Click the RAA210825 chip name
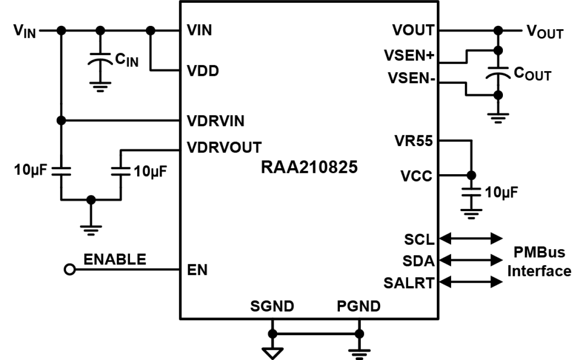tap(309, 167)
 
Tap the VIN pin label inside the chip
tap(199, 31)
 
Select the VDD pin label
tap(202, 72)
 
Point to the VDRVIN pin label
tap(215, 121)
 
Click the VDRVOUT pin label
tap(224, 147)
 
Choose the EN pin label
tap(197, 270)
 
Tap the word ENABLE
tap(115, 260)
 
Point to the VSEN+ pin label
tap(408, 55)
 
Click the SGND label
tap(272, 306)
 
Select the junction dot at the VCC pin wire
tap(471, 176)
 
